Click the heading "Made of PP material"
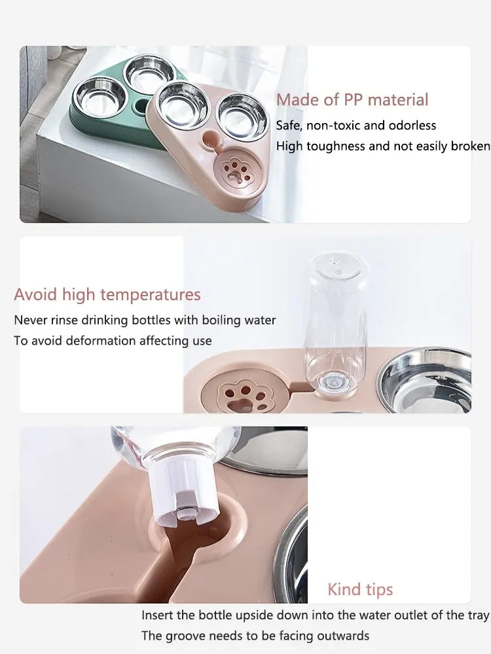(x=352, y=100)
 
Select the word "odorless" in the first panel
(x=410, y=126)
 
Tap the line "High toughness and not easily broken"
(x=382, y=146)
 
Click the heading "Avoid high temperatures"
(x=107, y=295)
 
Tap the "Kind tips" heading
(x=360, y=589)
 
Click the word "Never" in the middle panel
(x=30, y=320)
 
